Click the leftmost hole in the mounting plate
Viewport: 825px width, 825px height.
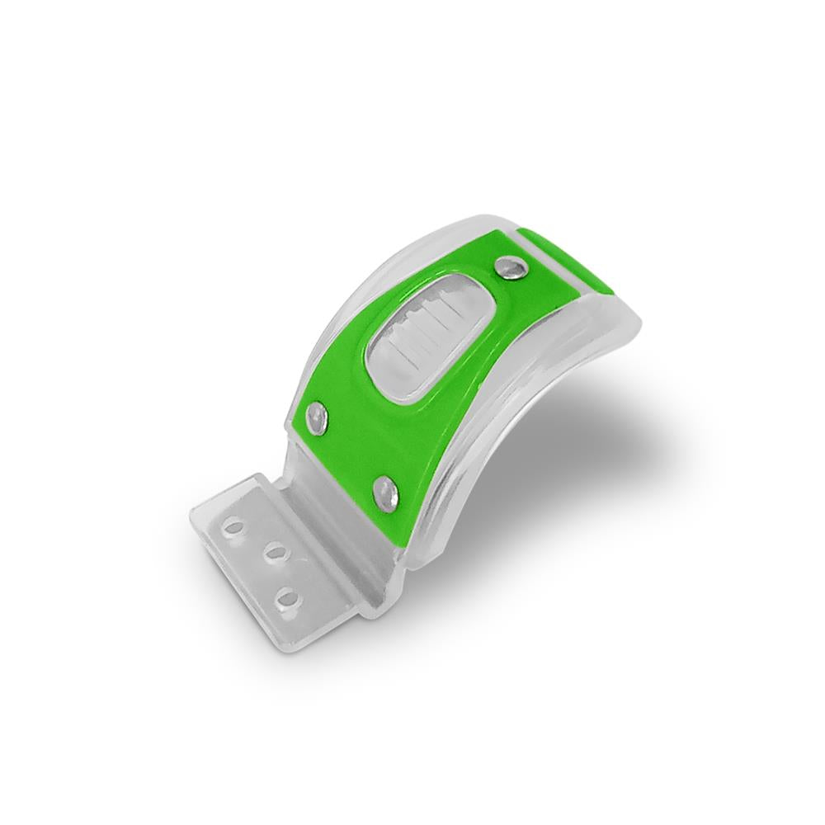(235, 526)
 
